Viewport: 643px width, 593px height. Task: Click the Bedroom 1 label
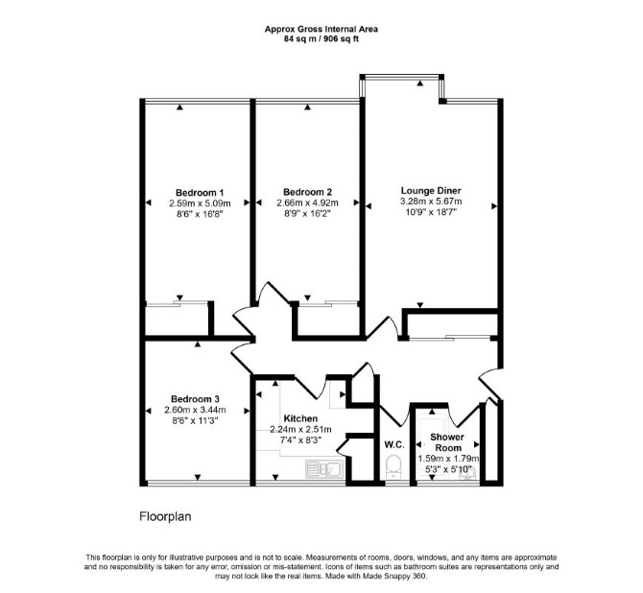[200, 193]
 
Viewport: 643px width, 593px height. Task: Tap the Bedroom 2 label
[307, 192]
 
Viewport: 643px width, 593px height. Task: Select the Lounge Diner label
[431, 191]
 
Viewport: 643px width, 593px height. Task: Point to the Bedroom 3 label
[195, 399]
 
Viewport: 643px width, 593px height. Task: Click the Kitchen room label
[300, 418]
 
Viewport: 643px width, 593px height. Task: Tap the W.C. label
[394, 444]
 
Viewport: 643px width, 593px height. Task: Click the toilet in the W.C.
[394, 466]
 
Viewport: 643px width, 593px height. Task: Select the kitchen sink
[324, 469]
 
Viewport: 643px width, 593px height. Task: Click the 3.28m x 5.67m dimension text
[431, 202]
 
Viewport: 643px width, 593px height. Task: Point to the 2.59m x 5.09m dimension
[200, 203]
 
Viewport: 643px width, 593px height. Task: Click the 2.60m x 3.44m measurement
[195, 410]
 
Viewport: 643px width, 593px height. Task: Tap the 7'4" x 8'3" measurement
[300, 440]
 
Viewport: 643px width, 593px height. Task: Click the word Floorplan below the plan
[165, 516]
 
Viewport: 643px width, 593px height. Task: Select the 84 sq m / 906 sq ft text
[321, 39]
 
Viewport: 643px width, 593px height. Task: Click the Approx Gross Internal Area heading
[321, 29]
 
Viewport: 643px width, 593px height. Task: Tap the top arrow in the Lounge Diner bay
[420, 83]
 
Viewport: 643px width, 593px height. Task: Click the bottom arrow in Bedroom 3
[198, 477]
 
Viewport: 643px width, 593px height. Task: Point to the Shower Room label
[448, 442]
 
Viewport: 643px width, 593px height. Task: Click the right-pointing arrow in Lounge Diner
[494, 206]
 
